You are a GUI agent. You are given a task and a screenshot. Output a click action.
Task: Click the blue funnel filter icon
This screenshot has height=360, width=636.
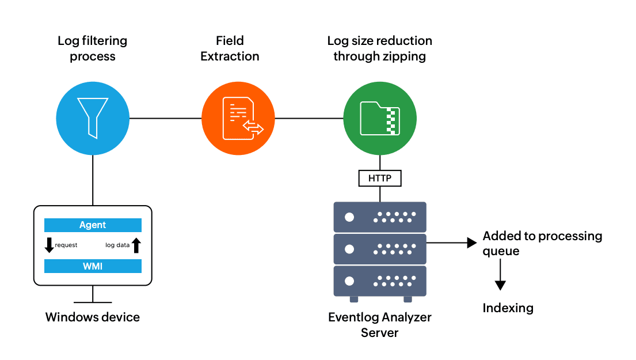pyautogui.click(x=92, y=119)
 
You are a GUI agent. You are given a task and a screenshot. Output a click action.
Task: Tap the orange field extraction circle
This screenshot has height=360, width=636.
pyautogui.click(x=238, y=119)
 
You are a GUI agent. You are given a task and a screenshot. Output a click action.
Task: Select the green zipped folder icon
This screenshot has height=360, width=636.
pyautogui.click(x=379, y=119)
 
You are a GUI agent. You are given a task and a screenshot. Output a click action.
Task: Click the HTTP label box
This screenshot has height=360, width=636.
pyautogui.click(x=379, y=179)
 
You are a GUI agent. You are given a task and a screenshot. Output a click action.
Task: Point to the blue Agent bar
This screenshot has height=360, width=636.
pyautogui.click(x=93, y=225)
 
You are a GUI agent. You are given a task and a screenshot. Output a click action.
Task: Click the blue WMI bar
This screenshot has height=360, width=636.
pyautogui.click(x=93, y=266)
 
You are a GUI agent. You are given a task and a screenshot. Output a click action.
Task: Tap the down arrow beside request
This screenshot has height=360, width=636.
pyautogui.click(x=49, y=245)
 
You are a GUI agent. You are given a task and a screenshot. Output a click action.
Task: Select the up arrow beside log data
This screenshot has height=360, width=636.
pyautogui.click(x=136, y=245)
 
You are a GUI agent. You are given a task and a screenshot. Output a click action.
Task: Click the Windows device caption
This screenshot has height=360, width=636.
pyautogui.click(x=93, y=317)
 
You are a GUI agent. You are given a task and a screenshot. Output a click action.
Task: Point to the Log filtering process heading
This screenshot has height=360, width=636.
pyautogui.click(x=92, y=48)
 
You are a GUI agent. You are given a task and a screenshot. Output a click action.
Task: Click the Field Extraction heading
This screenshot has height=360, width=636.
pyautogui.click(x=230, y=48)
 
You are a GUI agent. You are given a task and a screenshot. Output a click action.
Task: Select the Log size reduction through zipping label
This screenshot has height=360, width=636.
pyautogui.click(x=379, y=48)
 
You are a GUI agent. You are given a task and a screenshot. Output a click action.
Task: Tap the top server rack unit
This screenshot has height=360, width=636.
pyautogui.click(x=379, y=217)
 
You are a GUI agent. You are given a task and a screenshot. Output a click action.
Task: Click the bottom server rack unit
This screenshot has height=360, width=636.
pyautogui.click(x=379, y=281)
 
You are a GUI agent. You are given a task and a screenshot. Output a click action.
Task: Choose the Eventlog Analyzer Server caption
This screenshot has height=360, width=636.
pyautogui.click(x=379, y=324)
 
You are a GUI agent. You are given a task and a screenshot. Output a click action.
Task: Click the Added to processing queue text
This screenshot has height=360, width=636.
pyautogui.click(x=542, y=243)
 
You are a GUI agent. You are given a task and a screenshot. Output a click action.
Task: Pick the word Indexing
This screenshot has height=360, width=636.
pyautogui.click(x=508, y=308)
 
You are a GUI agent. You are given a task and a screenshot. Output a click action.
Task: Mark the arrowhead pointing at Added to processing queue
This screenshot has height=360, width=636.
pyautogui.click(x=473, y=243)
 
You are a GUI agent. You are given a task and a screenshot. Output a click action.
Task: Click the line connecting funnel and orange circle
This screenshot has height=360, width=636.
pyautogui.click(x=165, y=119)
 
